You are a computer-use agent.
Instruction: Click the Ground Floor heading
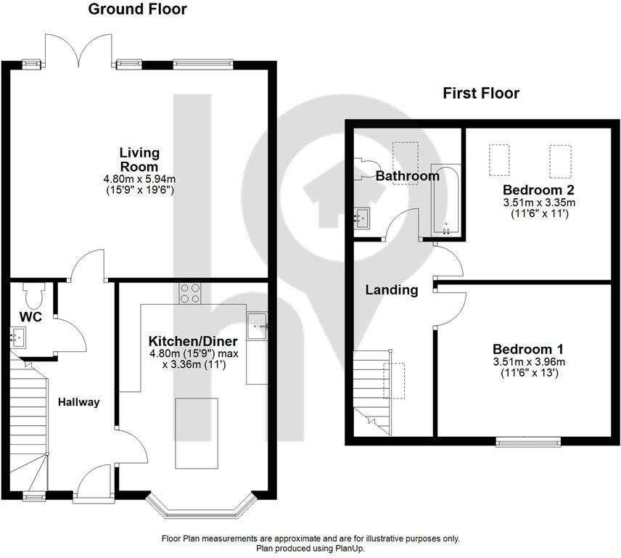click(137, 9)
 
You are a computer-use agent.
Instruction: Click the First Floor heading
click(481, 93)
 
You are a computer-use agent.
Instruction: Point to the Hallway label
click(78, 402)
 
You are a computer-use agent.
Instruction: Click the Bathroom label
click(407, 176)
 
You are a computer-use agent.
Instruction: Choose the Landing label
click(391, 290)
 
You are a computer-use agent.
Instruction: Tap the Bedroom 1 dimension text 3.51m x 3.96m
click(529, 361)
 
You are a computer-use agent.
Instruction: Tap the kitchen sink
click(258, 326)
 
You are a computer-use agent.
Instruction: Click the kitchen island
click(196, 432)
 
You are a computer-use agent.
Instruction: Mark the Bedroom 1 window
click(528, 441)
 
